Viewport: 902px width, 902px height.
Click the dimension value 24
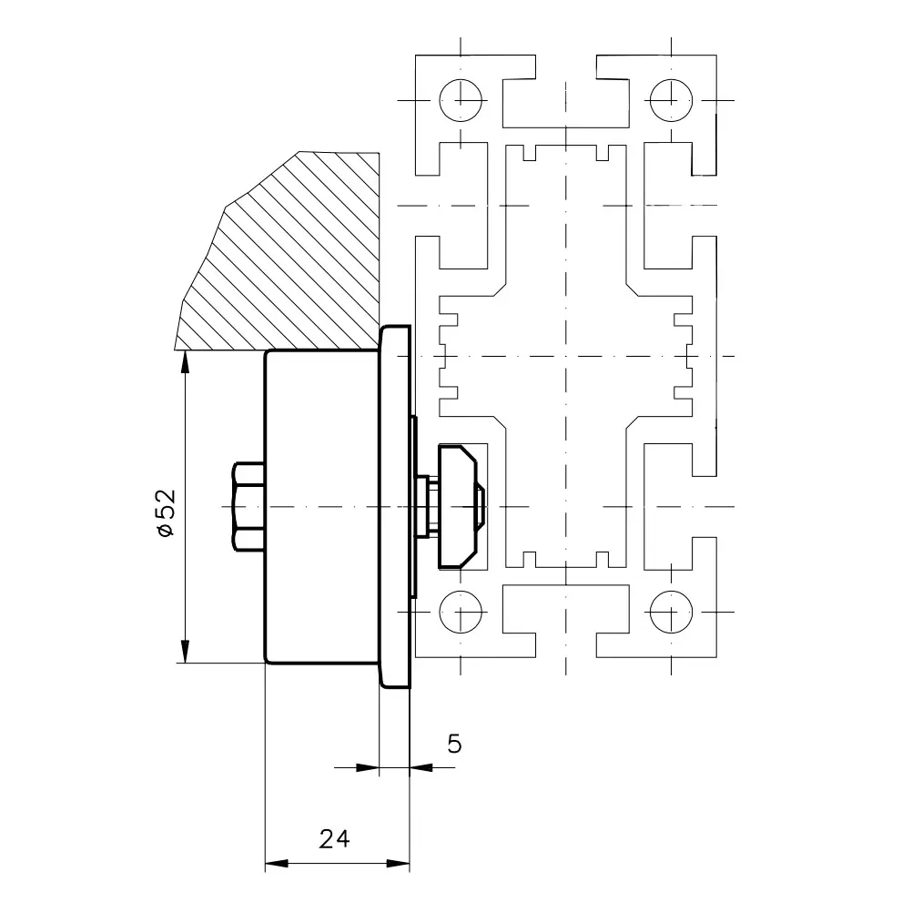click(334, 839)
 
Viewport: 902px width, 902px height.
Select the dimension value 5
click(454, 745)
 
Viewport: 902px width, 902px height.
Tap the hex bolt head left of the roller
click(248, 507)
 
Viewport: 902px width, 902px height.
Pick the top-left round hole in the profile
click(461, 100)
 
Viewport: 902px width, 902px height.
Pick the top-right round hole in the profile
click(672, 100)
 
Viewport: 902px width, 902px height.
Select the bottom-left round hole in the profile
click(461, 612)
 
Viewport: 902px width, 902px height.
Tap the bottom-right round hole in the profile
click(672, 612)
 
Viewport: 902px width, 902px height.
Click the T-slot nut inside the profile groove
click(457, 507)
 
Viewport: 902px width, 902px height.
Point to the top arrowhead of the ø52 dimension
click(185, 362)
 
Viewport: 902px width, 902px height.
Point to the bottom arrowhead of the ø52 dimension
click(185, 651)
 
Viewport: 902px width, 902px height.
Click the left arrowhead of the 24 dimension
click(277, 863)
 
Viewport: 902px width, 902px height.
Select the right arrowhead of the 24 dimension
click(398, 863)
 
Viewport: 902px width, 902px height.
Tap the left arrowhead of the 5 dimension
click(368, 767)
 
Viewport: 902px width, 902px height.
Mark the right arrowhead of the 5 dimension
click(421, 767)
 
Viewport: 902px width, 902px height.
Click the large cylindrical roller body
click(322, 507)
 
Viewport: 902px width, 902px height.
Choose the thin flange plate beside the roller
click(395, 507)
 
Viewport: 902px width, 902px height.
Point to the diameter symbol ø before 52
click(166, 529)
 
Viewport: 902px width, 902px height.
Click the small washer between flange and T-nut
click(422, 507)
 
